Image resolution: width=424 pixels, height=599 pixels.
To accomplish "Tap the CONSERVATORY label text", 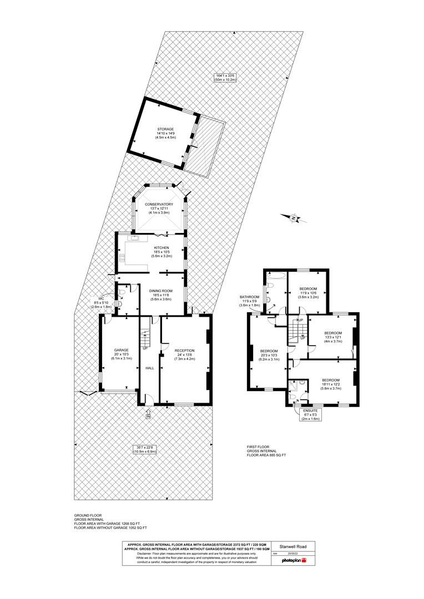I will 159,204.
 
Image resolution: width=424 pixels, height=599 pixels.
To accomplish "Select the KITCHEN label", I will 161,248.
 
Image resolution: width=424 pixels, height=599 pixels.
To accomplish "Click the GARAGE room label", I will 121,350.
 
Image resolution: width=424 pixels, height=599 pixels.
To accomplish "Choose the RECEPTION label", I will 184,351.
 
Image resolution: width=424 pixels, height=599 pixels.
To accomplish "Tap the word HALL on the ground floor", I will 149,368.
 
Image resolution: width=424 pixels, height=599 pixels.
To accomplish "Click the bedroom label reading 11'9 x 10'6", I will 308,293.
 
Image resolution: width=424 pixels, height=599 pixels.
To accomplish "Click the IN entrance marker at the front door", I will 148,415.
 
